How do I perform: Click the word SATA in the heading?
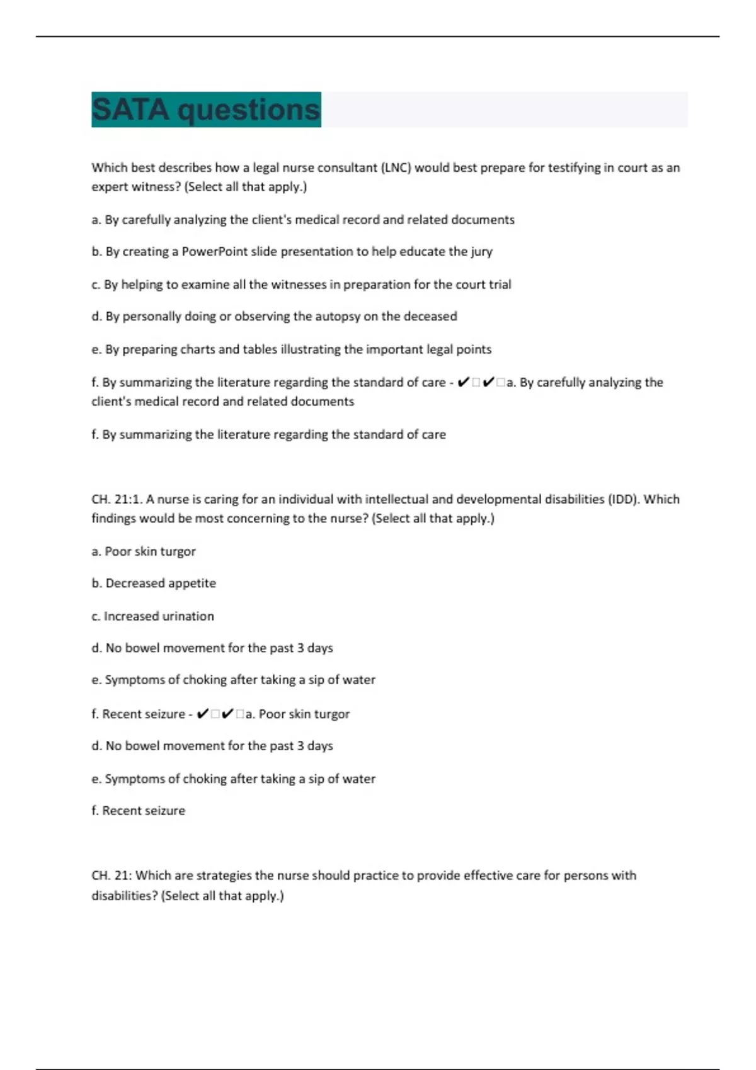click(130, 110)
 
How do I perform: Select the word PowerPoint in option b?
click(215, 252)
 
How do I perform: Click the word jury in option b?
click(481, 252)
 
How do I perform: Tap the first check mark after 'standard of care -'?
click(463, 383)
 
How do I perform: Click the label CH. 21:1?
click(117, 500)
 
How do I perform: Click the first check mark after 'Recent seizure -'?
click(202, 714)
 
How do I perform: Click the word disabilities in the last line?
click(124, 896)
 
